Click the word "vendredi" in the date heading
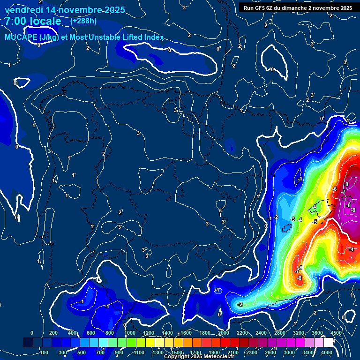(x=25, y=9)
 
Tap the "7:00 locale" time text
(x=33, y=22)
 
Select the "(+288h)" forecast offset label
(x=83, y=21)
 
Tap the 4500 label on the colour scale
(x=336, y=333)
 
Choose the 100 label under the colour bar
(x=45, y=352)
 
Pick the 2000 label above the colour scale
(x=223, y=333)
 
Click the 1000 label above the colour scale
(x=129, y=333)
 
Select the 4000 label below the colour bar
(x=327, y=352)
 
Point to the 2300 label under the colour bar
(x=252, y=352)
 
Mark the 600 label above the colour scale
(x=91, y=333)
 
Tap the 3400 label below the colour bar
(x=308, y=352)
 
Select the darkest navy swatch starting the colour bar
(x=28, y=343)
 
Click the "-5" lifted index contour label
(x=315, y=222)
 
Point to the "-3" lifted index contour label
(x=292, y=219)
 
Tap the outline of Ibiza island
(x=286, y=228)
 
